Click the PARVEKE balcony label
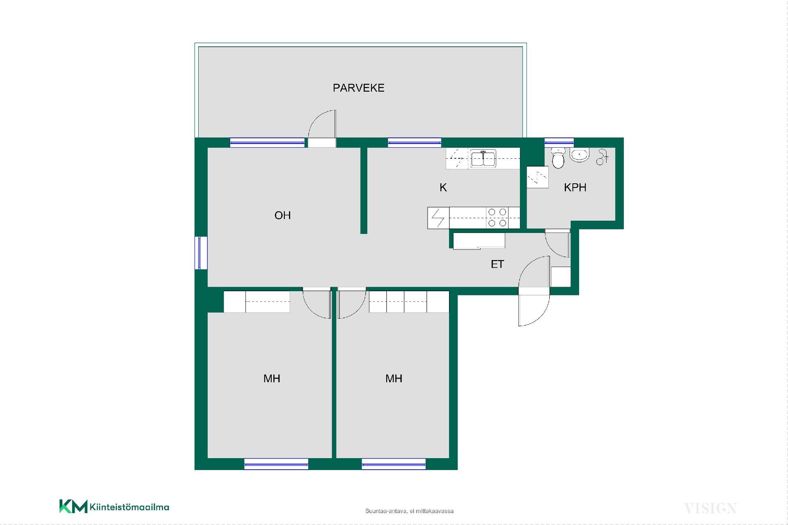(x=358, y=88)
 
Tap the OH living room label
(x=282, y=215)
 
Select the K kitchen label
(x=443, y=187)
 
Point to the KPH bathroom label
(x=575, y=187)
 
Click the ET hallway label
(x=497, y=264)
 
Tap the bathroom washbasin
(x=579, y=155)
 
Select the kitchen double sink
(x=483, y=158)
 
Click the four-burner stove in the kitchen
(x=497, y=218)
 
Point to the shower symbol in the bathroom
(x=602, y=157)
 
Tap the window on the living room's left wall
(x=201, y=253)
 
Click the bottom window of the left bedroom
(x=276, y=464)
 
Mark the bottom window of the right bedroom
(x=394, y=464)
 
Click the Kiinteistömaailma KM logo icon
(x=73, y=506)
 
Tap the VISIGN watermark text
(x=710, y=509)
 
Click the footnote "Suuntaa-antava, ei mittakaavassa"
(x=409, y=511)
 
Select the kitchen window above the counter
(x=415, y=142)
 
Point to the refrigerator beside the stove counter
(x=438, y=218)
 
